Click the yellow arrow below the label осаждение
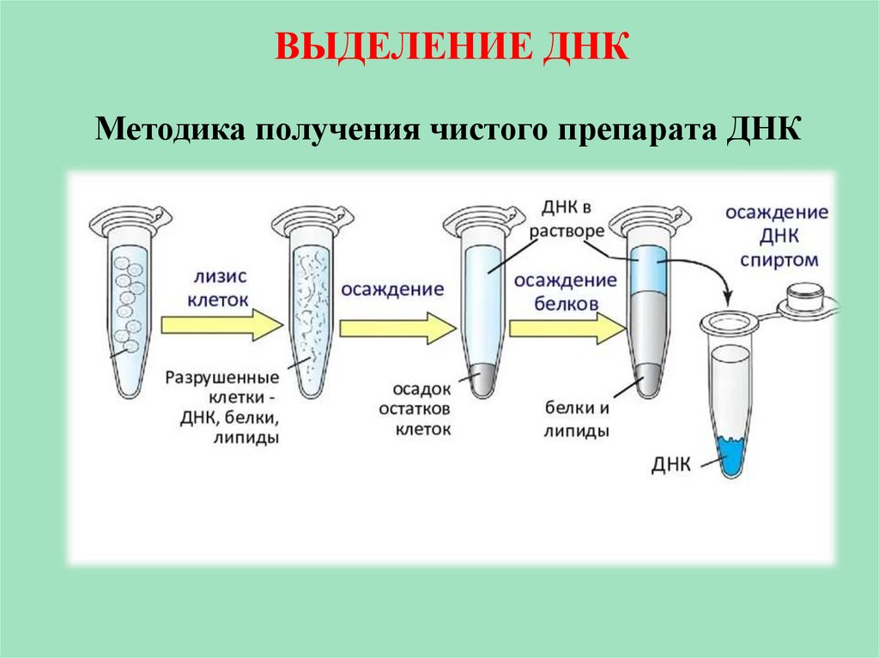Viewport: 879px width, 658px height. click(x=397, y=327)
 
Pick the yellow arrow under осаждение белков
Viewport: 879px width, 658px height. click(x=567, y=327)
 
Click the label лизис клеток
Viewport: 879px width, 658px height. click(x=221, y=289)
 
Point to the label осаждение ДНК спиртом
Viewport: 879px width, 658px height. click(x=776, y=236)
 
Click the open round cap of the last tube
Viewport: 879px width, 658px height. click(x=805, y=296)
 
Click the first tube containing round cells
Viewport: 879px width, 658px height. click(x=127, y=309)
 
